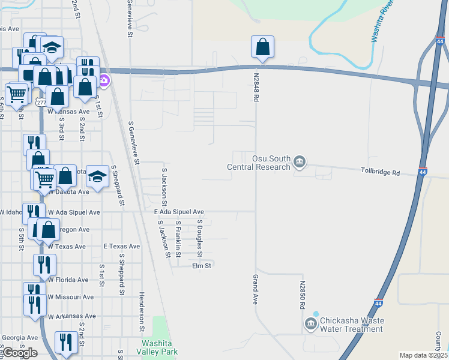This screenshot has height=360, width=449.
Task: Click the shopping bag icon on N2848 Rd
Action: click(x=262, y=47)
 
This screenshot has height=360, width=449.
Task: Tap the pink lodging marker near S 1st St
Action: click(x=104, y=81)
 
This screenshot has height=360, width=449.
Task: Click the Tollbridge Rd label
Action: click(x=380, y=172)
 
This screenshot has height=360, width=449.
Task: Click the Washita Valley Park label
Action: click(x=157, y=347)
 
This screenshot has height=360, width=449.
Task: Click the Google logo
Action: click(x=20, y=353)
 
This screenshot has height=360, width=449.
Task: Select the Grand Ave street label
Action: click(x=255, y=289)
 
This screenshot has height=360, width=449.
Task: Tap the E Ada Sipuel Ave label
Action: click(x=179, y=212)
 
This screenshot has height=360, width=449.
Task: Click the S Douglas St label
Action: click(x=200, y=234)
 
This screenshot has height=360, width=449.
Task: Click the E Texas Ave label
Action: click(x=121, y=246)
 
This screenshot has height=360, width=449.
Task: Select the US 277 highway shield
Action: click(x=41, y=103)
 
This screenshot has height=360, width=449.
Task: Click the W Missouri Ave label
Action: click(x=71, y=296)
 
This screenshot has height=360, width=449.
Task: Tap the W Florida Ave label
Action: click(x=68, y=280)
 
